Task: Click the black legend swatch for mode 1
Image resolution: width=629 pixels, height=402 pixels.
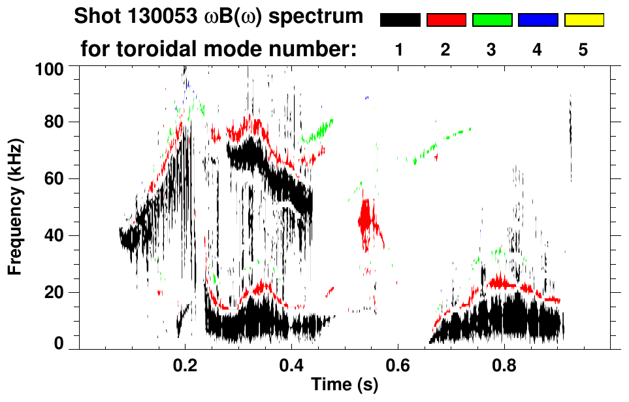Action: point(400,20)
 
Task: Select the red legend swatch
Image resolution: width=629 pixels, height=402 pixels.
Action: point(446,20)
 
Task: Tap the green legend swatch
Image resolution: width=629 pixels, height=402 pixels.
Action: point(492,20)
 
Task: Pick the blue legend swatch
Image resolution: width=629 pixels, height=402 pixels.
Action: point(538,20)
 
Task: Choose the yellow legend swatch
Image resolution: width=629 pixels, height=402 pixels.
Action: point(584,20)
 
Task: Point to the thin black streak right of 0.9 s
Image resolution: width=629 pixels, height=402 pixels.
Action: point(570,131)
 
